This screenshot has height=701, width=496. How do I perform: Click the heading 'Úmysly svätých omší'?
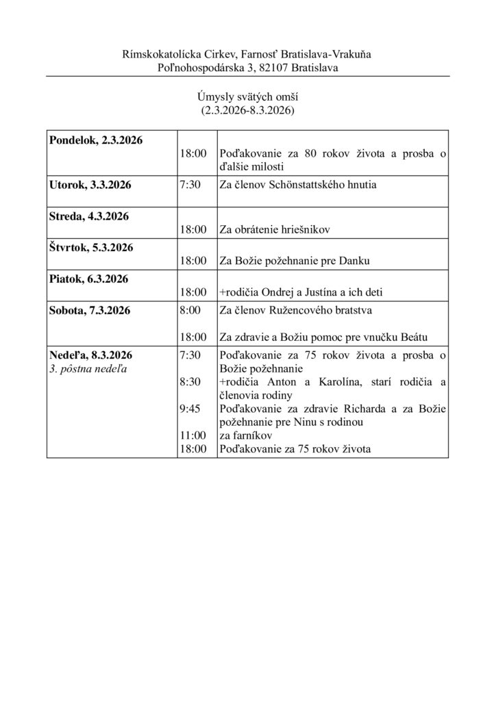point(247,97)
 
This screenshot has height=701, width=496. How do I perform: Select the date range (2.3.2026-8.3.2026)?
point(247,110)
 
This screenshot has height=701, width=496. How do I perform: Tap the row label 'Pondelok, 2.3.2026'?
point(96,140)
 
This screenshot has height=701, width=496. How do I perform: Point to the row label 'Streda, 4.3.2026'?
point(89,216)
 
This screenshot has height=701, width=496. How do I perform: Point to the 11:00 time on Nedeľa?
point(193,435)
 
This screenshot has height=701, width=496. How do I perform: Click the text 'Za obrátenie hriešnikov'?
point(275,230)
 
